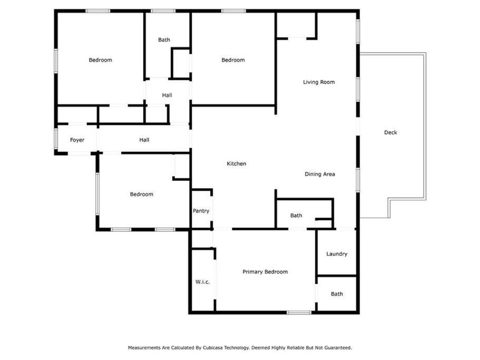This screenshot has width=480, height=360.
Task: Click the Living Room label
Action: [x=319, y=82]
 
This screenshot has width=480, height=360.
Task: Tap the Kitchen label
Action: [x=237, y=164]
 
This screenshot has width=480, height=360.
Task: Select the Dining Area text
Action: [x=320, y=174]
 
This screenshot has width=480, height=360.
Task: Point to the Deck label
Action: [x=390, y=132]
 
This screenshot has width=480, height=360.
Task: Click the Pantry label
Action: [x=201, y=211]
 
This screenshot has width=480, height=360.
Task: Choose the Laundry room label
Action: [x=337, y=254]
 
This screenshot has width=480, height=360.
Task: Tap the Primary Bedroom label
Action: [x=265, y=272]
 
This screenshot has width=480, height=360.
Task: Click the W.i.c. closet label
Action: [x=203, y=282]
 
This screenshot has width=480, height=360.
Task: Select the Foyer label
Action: [x=77, y=140]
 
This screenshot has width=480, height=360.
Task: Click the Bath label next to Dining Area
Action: [x=296, y=216]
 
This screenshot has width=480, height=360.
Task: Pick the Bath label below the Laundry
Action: [x=337, y=294]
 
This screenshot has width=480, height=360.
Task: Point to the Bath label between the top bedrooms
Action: [x=164, y=40]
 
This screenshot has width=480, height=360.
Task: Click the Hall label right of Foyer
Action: [x=144, y=140]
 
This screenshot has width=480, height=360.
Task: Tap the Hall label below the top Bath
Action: [x=167, y=95]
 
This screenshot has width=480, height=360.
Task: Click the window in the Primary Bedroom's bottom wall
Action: [x=299, y=313]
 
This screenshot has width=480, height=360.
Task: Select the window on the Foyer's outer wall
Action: [x=56, y=139]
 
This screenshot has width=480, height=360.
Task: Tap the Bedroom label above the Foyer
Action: [x=101, y=60]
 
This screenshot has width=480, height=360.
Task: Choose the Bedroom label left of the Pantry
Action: [x=141, y=194]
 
